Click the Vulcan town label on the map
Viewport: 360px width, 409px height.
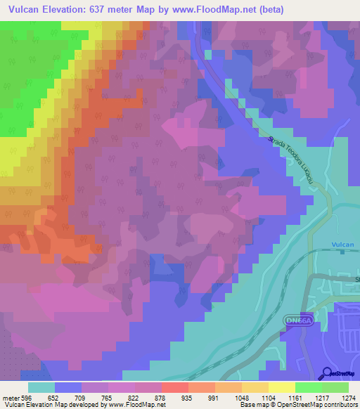pos(342,244)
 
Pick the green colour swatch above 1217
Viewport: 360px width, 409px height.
pos(308,387)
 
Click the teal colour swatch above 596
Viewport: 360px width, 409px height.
pos(41,387)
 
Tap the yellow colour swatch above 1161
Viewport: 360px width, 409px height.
pos(281,387)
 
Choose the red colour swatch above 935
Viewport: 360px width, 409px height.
pos(174,387)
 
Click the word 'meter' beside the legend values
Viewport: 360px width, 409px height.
pos(11,396)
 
